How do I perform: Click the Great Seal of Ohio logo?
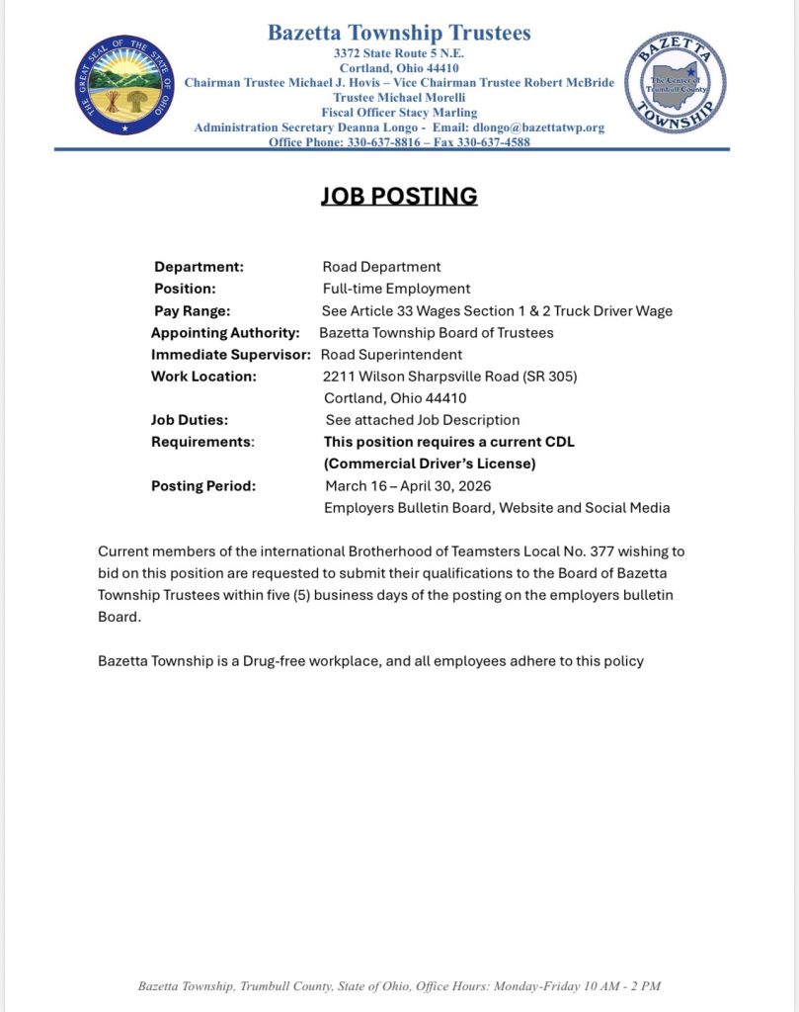124,85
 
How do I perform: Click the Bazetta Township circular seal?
676,83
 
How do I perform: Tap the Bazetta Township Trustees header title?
399,33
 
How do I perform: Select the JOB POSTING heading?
399,196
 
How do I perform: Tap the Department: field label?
199,267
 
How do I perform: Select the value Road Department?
381,267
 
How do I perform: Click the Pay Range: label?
192,310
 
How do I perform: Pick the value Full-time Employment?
396,289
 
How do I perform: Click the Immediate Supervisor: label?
231,354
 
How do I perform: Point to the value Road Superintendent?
391,354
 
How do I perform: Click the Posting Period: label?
203,485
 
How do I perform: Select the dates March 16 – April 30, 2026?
408,485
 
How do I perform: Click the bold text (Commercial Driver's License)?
430,464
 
